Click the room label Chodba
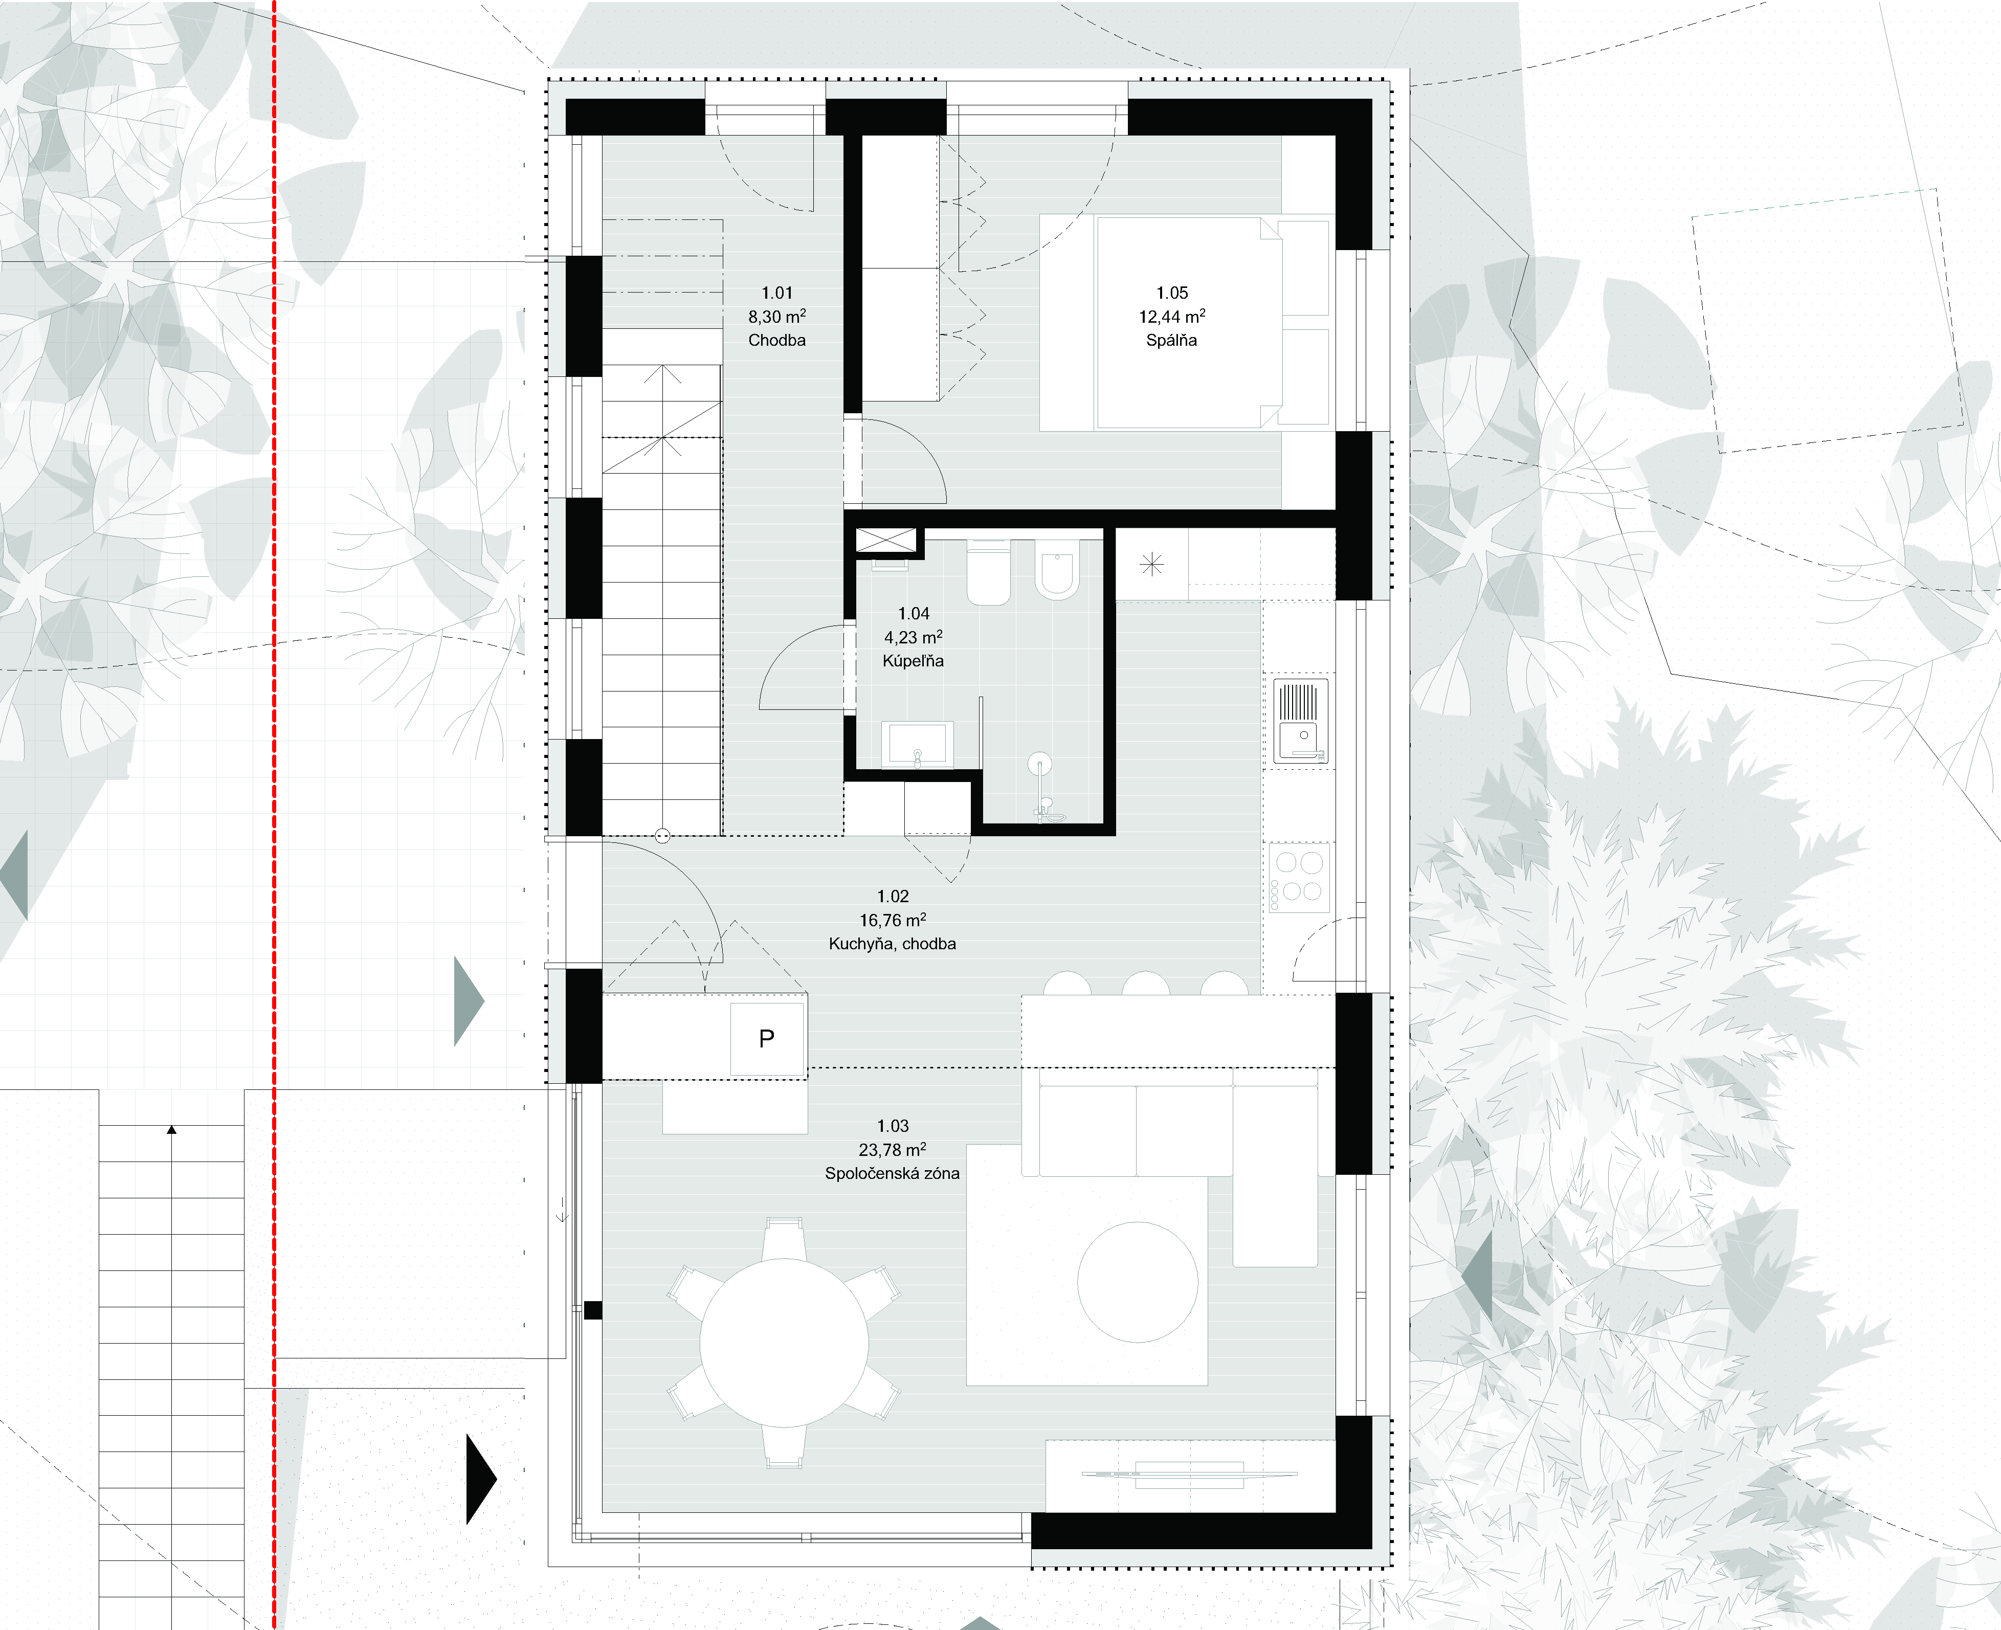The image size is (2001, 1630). tap(776, 340)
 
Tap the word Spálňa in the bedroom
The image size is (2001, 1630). tap(1171, 340)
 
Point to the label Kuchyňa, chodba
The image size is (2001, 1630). tap(892, 944)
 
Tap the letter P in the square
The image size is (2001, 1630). tap(766, 1038)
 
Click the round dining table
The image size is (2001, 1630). tap(783, 1344)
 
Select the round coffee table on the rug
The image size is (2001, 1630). tap(1137, 1282)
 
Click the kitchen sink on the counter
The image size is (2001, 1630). tap(1301, 720)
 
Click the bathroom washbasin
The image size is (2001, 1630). tap(918, 744)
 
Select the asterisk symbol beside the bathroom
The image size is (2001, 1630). tap(1151, 564)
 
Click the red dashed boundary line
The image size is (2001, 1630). tap(274, 815)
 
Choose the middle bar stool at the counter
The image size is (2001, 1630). tap(1146, 983)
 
